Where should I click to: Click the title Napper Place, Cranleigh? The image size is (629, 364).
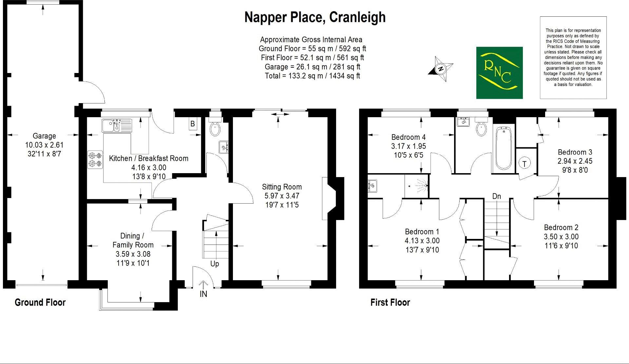click(x=315, y=17)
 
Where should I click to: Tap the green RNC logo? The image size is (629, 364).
click(x=499, y=73)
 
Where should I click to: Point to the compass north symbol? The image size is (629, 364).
click(x=441, y=69)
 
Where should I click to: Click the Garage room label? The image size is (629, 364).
click(x=44, y=136)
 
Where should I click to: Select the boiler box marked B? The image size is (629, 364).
click(x=193, y=124)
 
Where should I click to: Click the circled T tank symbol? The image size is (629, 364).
click(x=524, y=163)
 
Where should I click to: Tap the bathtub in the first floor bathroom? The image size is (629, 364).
click(x=503, y=148)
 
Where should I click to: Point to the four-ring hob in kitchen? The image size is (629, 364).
click(x=95, y=160)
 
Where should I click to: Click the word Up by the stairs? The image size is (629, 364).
click(x=215, y=264)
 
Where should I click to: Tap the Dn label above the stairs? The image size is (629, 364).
click(x=497, y=196)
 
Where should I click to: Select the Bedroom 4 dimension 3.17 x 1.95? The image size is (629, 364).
click(x=409, y=146)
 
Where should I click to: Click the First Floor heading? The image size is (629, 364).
click(x=390, y=302)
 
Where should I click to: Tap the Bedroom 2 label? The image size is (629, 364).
click(x=561, y=227)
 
